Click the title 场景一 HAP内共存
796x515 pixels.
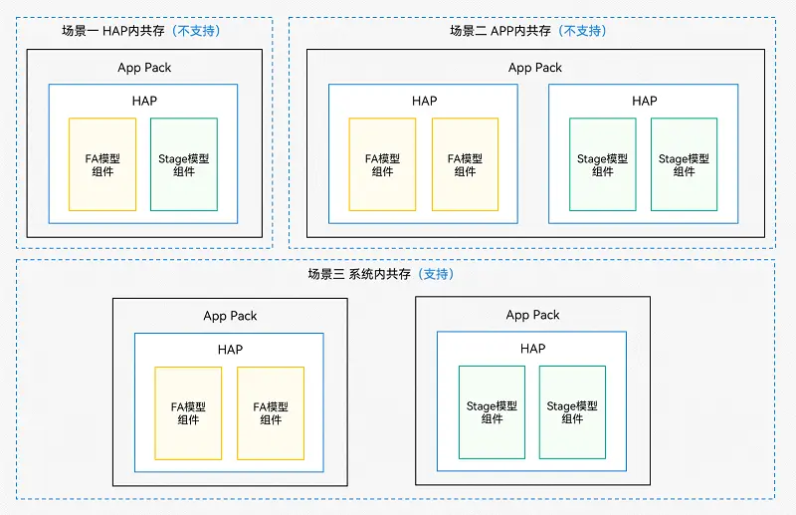113,31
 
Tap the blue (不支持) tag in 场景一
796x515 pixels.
196,31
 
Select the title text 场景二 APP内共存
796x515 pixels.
499,31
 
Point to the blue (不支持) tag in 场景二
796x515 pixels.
582,31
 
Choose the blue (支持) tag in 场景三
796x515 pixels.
435,274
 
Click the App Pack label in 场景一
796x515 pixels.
144,68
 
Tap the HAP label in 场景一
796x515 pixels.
144,101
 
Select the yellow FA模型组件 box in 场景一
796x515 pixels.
101,164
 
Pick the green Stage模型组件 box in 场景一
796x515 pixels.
184,164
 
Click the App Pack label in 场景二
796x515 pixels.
535,68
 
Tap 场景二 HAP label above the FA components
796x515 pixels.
424,101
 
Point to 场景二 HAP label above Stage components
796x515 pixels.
645,101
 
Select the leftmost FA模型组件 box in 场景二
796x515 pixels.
382,164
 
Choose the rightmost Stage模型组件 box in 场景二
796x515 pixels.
685,164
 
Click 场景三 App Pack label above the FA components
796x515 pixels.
230,316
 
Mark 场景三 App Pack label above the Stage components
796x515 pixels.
533,315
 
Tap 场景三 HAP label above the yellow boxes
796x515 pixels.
230,350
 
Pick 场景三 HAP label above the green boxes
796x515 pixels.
533,349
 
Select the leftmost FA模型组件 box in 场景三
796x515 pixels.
188,413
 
